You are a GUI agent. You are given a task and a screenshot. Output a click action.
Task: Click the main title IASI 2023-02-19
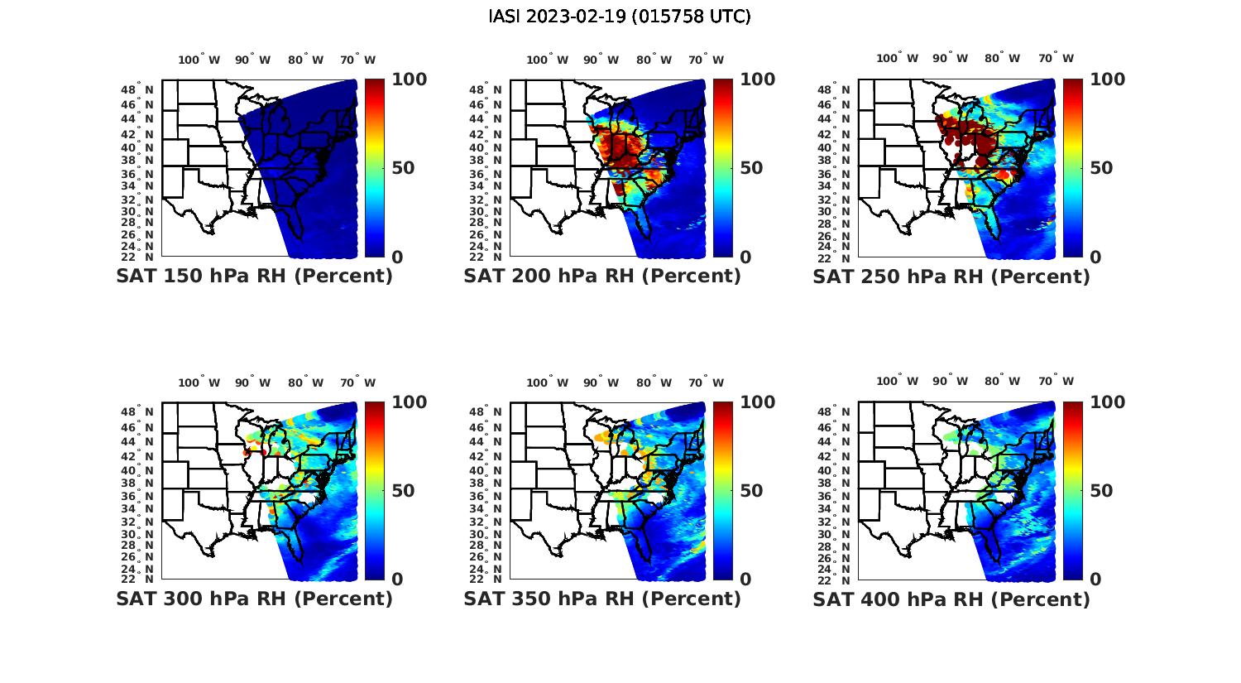click(x=620, y=17)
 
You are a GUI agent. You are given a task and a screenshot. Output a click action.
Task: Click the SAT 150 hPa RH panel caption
click(x=254, y=277)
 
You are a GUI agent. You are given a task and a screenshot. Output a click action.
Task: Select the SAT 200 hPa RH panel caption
click(x=602, y=277)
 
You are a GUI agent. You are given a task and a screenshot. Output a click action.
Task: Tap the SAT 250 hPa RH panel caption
click(x=951, y=277)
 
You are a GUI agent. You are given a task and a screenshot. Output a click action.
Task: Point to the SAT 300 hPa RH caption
click(x=254, y=599)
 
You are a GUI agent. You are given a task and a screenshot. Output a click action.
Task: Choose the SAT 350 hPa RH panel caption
click(x=602, y=599)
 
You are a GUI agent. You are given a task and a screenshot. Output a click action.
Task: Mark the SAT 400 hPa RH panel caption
click(x=951, y=599)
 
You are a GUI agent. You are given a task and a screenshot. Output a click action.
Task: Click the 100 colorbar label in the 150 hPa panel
click(x=409, y=79)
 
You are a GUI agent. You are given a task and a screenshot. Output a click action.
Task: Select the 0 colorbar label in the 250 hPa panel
click(x=1095, y=257)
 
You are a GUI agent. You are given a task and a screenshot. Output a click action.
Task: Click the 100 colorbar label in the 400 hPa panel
click(x=1108, y=402)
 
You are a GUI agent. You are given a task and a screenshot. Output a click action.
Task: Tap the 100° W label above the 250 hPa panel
click(x=898, y=58)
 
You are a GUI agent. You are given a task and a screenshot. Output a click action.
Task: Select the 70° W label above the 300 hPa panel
click(x=357, y=382)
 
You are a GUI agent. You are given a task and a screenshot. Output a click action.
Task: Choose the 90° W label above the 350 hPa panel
click(x=601, y=382)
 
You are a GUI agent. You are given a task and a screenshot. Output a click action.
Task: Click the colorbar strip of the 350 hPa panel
click(x=723, y=491)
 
